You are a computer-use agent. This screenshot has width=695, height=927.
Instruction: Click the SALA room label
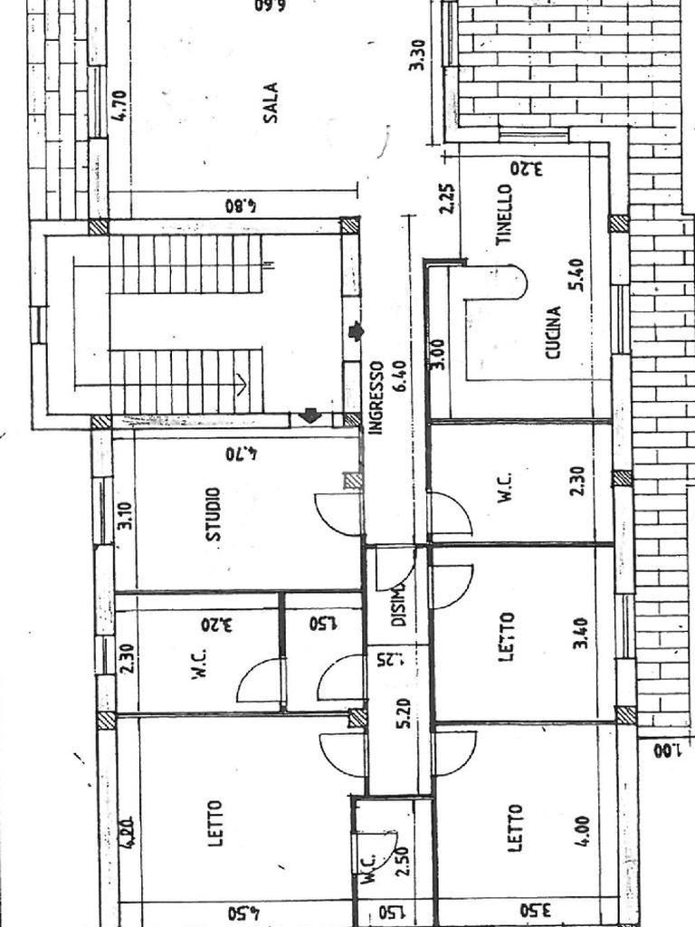[271, 101]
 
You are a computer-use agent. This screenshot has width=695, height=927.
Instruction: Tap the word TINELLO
[505, 215]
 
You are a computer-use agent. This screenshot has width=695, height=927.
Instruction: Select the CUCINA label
[554, 332]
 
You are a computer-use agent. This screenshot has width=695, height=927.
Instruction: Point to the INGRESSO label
[377, 398]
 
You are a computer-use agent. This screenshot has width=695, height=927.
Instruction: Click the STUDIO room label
[214, 514]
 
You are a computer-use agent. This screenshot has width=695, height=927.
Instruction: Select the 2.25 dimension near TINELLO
[447, 198]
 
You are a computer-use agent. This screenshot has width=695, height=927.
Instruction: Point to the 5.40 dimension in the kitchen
[576, 274]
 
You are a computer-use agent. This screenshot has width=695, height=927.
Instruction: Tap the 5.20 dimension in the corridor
[404, 713]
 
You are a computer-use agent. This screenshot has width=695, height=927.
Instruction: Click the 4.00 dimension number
[581, 832]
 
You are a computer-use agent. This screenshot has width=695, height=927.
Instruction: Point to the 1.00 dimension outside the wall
[666, 750]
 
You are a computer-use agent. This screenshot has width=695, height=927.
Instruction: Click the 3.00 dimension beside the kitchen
[438, 352]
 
